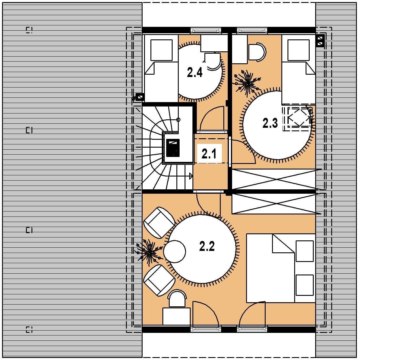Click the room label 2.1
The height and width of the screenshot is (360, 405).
(209, 154)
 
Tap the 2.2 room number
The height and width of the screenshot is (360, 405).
(207, 246)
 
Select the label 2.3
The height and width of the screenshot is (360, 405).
(270, 123)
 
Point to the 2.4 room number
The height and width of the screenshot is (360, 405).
(195, 72)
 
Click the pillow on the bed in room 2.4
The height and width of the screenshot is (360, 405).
(161, 50)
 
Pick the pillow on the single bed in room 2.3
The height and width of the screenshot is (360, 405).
(299, 50)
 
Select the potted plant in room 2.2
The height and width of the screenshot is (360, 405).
(149, 253)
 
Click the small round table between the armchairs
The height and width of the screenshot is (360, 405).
(175, 251)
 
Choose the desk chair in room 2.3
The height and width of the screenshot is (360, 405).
(257, 52)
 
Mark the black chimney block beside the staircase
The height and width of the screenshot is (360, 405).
(173, 148)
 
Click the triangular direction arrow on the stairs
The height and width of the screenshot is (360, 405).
(191, 176)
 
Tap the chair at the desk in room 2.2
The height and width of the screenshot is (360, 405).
(177, 299)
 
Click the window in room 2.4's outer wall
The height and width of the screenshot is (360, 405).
(206, 30)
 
